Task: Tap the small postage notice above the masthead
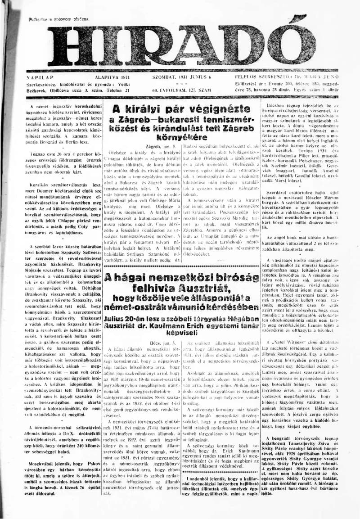58,19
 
